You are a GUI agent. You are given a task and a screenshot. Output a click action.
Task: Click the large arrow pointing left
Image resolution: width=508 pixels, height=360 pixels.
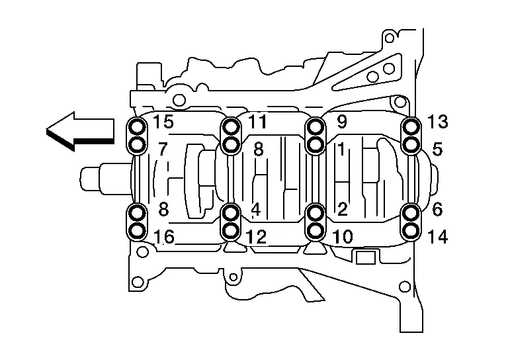(79, 131)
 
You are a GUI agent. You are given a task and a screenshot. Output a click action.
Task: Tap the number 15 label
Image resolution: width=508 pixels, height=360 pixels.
(163, 122)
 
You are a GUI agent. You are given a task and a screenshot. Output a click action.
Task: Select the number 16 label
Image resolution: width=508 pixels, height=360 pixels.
(163, 237)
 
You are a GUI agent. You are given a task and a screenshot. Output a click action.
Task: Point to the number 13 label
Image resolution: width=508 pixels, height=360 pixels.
(437, 122)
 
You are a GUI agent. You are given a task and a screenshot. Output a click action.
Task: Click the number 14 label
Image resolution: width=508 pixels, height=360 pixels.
(437, 237)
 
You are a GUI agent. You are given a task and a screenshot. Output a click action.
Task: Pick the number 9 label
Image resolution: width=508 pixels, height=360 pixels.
(342, 122)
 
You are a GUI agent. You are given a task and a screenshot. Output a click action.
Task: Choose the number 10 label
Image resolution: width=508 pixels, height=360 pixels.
(343, 237)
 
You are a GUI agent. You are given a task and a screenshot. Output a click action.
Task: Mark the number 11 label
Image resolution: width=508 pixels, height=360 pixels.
(257, 122)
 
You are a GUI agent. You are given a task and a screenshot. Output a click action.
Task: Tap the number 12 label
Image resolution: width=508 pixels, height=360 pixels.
(256, 237)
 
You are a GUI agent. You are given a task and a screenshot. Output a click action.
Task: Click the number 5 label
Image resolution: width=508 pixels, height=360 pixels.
(437, 150)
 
